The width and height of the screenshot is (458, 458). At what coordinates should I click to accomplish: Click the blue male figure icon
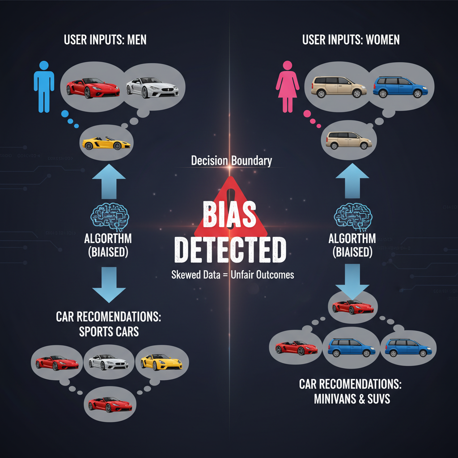[44, 86]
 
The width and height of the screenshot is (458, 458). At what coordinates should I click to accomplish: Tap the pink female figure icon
[287, 86]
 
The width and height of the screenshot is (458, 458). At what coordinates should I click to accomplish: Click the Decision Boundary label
[231, 161]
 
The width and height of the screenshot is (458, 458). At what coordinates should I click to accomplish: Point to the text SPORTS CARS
[109, 331]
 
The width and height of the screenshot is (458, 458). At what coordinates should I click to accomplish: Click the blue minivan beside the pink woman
[400, 87]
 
